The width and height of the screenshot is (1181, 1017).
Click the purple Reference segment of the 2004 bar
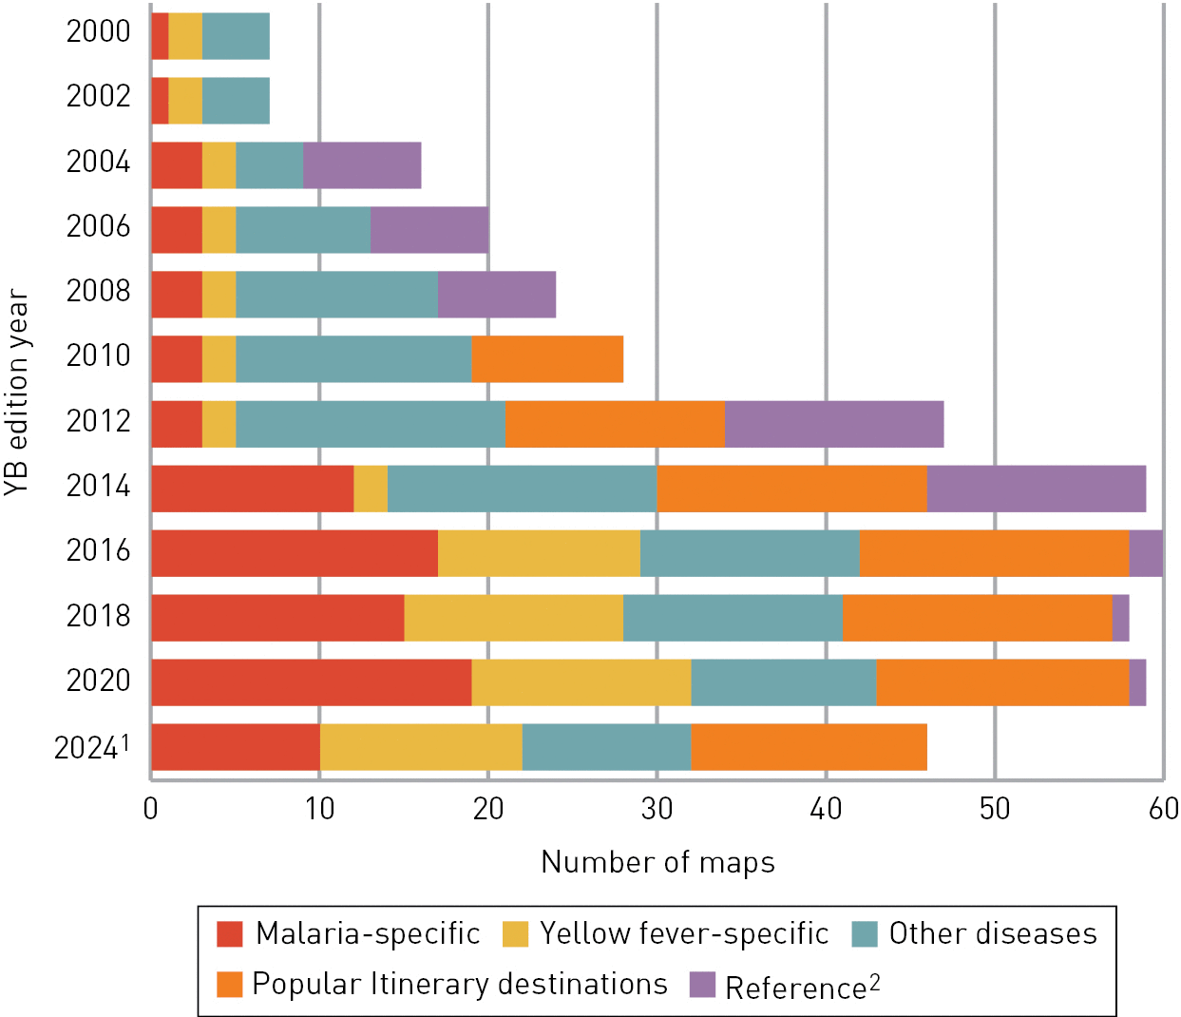pos(362,165)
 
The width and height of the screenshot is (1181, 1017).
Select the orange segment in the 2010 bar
pos(547,359)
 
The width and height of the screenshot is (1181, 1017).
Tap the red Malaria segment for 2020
pos(311,682)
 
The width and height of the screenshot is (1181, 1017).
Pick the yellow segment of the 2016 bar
pos(539,553)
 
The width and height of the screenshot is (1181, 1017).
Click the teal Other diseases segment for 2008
pos(336,295)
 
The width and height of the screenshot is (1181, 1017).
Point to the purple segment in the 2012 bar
pos(834,424)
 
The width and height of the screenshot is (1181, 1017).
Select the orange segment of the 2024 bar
pos(809,747)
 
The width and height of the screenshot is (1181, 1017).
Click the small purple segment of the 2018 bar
pos(1120,618)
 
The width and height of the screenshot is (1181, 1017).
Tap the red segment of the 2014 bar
pos(252,489)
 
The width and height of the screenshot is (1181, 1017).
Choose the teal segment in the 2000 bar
pos(236,36)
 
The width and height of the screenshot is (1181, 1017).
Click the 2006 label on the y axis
pos(98,226)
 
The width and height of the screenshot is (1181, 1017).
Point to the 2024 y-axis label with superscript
pos(91,747)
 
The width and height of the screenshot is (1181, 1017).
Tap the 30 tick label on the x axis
pos(657,809)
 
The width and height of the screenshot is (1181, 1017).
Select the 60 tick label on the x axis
pos(1162,809)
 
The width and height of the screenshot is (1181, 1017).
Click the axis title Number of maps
pos(657,862)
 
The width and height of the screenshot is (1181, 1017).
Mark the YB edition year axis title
pos(17,392)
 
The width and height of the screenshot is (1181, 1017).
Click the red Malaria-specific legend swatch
pos(230,934)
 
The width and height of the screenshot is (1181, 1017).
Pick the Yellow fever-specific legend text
pos(684,934)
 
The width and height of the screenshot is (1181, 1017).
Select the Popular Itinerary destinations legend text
pos(460,985)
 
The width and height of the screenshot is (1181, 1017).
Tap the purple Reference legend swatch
pos(702,985)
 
